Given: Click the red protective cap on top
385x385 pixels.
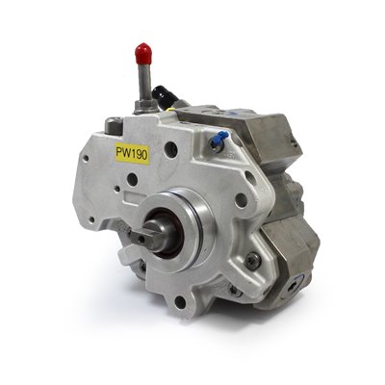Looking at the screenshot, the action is (x=143, y=54).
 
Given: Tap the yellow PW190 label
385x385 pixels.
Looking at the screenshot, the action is (x=132, y=154).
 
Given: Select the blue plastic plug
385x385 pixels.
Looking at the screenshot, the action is (x=220, y=137).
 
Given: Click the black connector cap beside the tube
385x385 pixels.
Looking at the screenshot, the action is (x=165, y=93).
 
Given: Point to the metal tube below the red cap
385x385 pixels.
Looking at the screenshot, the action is (x=144, y=82).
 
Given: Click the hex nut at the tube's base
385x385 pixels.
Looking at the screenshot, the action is (x=146, y=106).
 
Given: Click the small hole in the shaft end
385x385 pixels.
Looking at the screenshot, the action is (x=141, y=239).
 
